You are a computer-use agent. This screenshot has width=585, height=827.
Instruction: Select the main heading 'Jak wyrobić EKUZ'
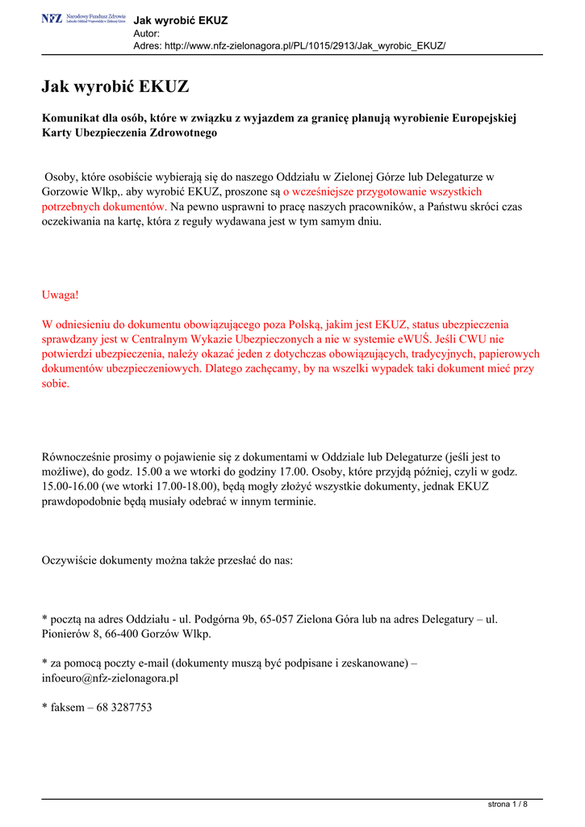pos(115,86)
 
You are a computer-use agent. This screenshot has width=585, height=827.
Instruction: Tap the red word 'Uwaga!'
pos(61,295)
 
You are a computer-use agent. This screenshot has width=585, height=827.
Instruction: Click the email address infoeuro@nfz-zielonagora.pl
pos(110,678)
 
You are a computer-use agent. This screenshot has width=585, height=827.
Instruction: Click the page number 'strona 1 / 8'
pos(509,804)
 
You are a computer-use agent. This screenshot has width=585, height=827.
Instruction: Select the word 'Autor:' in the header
pos(146,33)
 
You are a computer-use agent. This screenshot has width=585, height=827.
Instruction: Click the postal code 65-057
pos(274,619)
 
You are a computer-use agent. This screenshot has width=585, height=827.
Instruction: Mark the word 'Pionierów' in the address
pos(65,634)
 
